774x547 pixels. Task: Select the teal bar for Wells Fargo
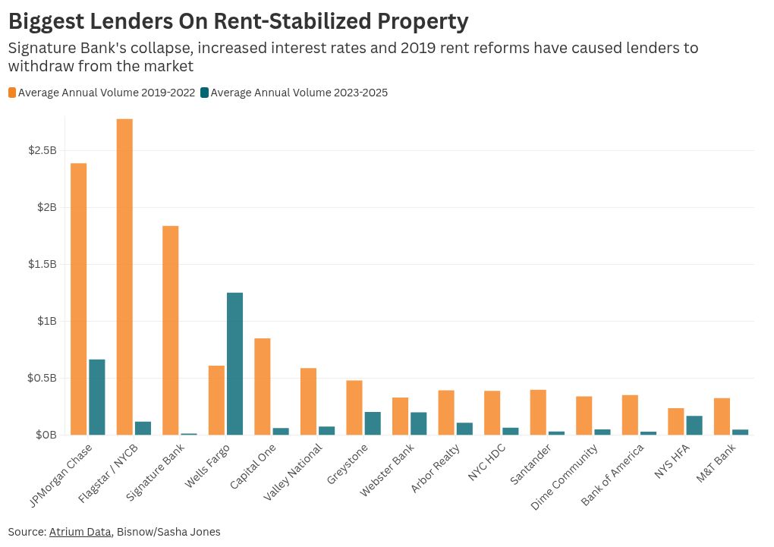point(234,363)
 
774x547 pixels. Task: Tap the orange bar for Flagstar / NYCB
point(124,277)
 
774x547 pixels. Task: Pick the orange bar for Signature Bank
point(170,330)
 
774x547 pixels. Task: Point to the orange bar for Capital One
point(262,386)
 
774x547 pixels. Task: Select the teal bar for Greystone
point(373,423)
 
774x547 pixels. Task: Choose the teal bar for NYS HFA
point(694,425)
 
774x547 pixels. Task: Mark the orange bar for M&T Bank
point(722,416)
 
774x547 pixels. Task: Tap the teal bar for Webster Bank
point(419,423)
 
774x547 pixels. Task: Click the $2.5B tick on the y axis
point(42,150)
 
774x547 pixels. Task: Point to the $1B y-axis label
point(47,321)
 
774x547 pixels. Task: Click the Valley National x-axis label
point(293,472)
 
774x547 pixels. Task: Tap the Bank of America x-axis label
point(613,475)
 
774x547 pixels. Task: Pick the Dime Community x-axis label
point(565,476)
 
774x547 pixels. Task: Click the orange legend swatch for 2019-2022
point(12,93)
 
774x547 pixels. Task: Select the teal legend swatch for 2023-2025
point(204,93)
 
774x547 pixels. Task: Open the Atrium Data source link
point(80,532)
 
